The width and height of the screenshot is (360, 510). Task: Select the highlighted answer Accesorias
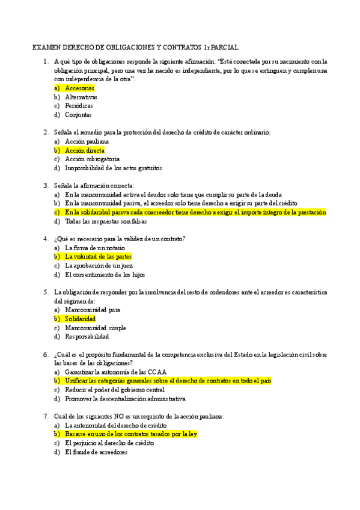click(x=79, y=88)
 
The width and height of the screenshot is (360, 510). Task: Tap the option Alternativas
click(x=81, y=97)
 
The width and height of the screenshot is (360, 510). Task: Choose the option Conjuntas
click(x=78, y=114)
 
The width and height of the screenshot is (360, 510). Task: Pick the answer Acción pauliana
click(x=87, y=141)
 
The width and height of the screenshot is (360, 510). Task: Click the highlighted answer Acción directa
click(x=85, y=150)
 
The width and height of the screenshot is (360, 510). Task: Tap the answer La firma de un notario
click(x=95, y=248)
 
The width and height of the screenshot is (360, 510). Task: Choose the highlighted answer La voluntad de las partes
click(x=98, y=257)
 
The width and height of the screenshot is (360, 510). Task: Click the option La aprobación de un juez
click(x=99, y=265)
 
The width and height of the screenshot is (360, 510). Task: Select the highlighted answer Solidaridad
click(x=81, y=319)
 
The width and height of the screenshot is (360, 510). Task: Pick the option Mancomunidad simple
click(x=96, y=328)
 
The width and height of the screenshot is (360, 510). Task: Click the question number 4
click(x=46, y=239)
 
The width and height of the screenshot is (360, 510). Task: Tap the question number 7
click(x=46, y=416)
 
